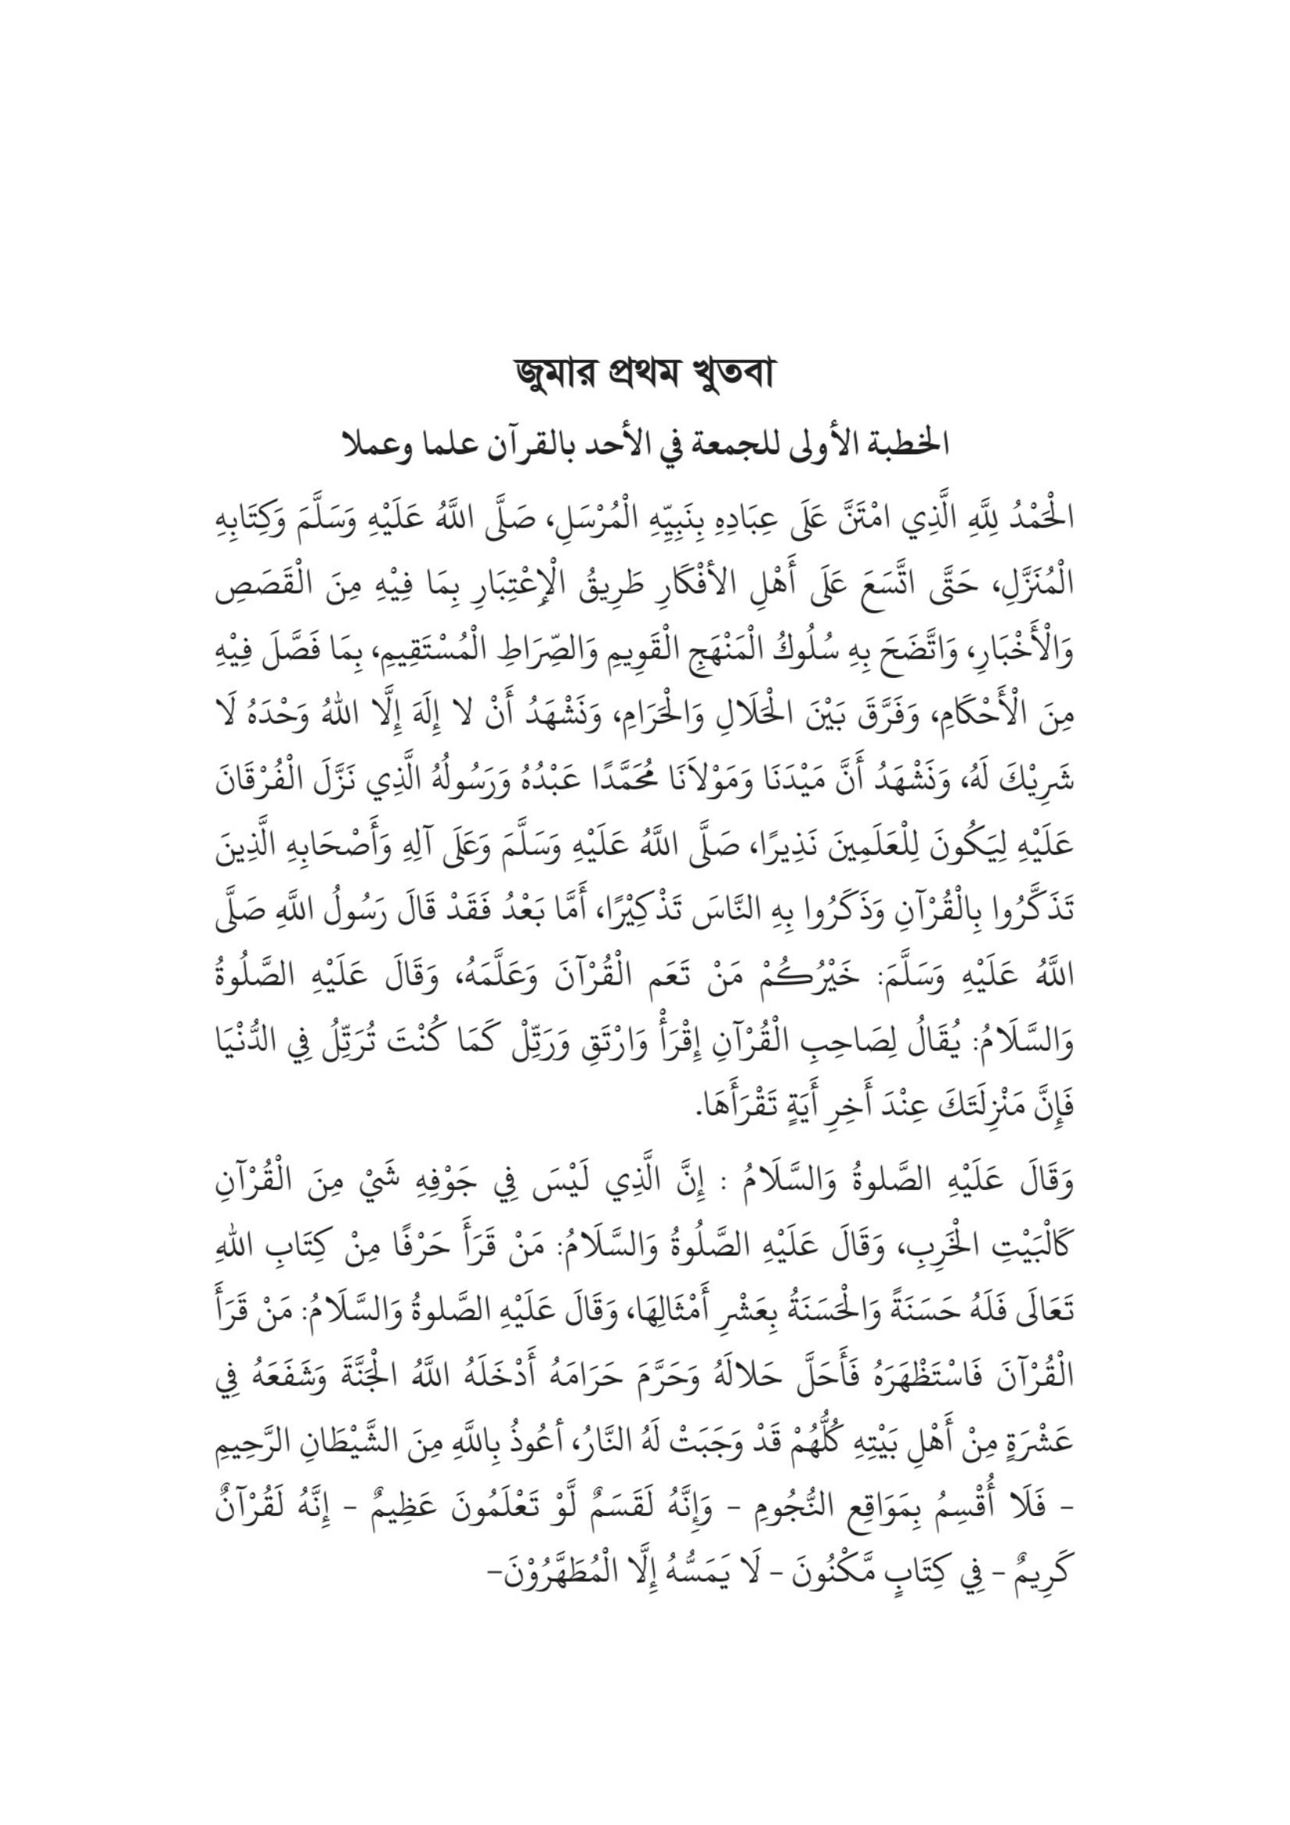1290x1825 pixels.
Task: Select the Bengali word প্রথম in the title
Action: (639, 375)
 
